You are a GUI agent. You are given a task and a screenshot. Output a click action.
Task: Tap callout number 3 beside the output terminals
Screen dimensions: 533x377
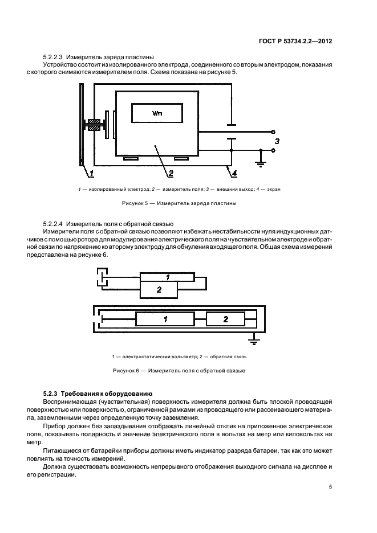coord(278,140)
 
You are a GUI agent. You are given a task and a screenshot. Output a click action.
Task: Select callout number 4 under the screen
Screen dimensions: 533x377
coord(234,173)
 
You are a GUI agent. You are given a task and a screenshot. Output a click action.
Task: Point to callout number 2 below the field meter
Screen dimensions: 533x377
coord(169,173)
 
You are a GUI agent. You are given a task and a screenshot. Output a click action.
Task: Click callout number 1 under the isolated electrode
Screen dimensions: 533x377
coord(91,173)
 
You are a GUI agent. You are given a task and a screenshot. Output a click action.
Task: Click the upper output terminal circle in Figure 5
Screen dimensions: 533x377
coord(274,132)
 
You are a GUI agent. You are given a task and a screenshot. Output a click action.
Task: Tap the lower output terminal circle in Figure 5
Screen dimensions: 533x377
coord(274,150)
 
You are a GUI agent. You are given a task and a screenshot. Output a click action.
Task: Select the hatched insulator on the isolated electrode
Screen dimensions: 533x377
coord(95,126)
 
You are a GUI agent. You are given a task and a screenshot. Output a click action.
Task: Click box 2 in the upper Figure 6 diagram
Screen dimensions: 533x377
coord(159,290)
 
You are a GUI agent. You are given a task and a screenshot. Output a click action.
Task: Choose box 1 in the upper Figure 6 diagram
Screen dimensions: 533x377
coord(168,277)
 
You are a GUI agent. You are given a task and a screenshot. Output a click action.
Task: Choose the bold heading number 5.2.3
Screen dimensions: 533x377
coord(51,393)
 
